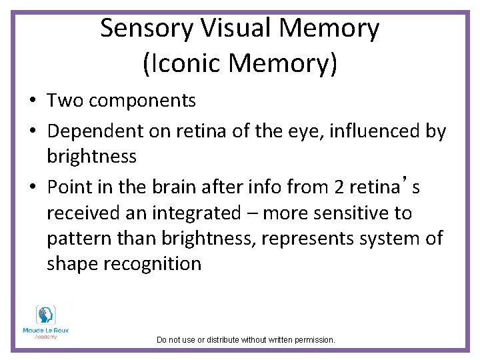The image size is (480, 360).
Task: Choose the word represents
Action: [x=306, y=239]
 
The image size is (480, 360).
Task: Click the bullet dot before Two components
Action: [x=32, y=101]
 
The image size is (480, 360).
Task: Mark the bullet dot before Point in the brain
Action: [x=32, y=188]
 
